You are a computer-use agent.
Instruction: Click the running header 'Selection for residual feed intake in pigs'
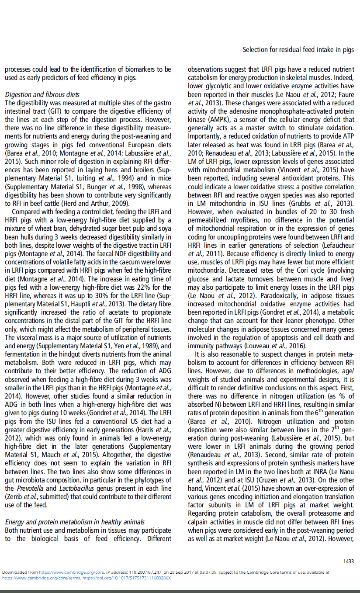pos(298,50)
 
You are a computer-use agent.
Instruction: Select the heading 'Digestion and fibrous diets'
pos(42,94)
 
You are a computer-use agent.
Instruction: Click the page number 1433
pos(348,562)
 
